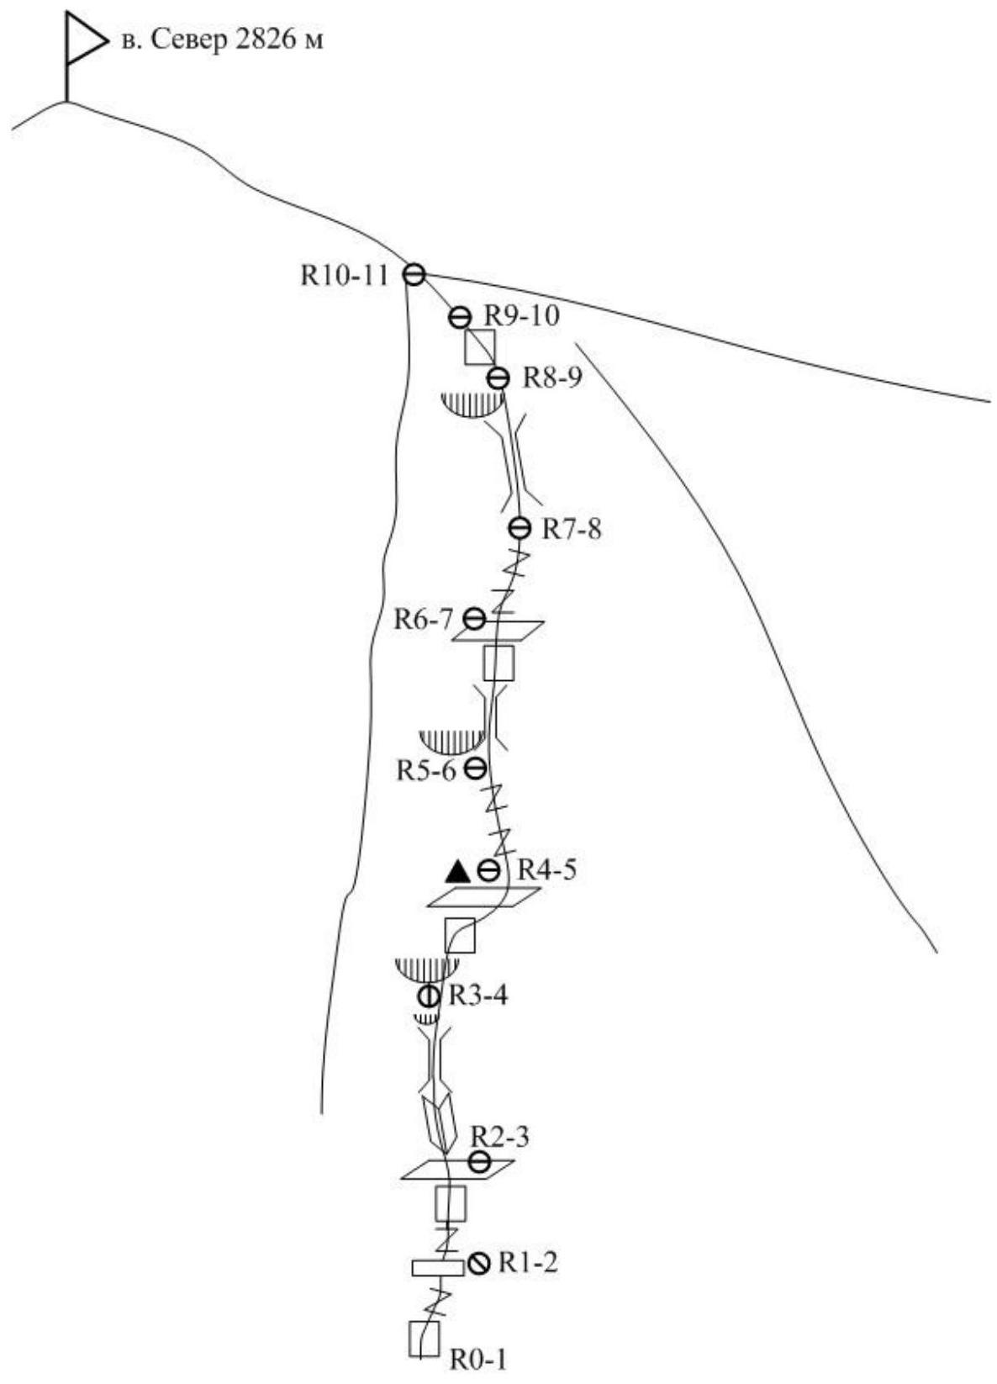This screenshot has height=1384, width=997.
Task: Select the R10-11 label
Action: point(345,276)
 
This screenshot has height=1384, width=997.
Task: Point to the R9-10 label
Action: point(522,316)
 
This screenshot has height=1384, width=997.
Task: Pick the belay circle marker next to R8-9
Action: point(498,378)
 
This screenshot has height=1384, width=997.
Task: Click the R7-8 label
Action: point(572,529)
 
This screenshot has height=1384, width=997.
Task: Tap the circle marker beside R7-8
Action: point(520,528)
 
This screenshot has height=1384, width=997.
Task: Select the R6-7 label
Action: point(423,620)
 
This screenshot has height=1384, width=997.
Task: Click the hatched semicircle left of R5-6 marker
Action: point(452,740)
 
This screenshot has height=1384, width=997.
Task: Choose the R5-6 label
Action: point(426,770)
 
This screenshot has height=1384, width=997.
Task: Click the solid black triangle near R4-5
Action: point(458,870)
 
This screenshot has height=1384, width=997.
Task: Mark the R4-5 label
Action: point(547,869)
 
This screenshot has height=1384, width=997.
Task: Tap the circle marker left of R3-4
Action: point(429,996)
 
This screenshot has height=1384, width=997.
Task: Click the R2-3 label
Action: point(499,1137)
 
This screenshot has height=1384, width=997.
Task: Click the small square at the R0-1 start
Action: point(424,1339)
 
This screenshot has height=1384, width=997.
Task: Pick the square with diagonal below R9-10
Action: point(480,346)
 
